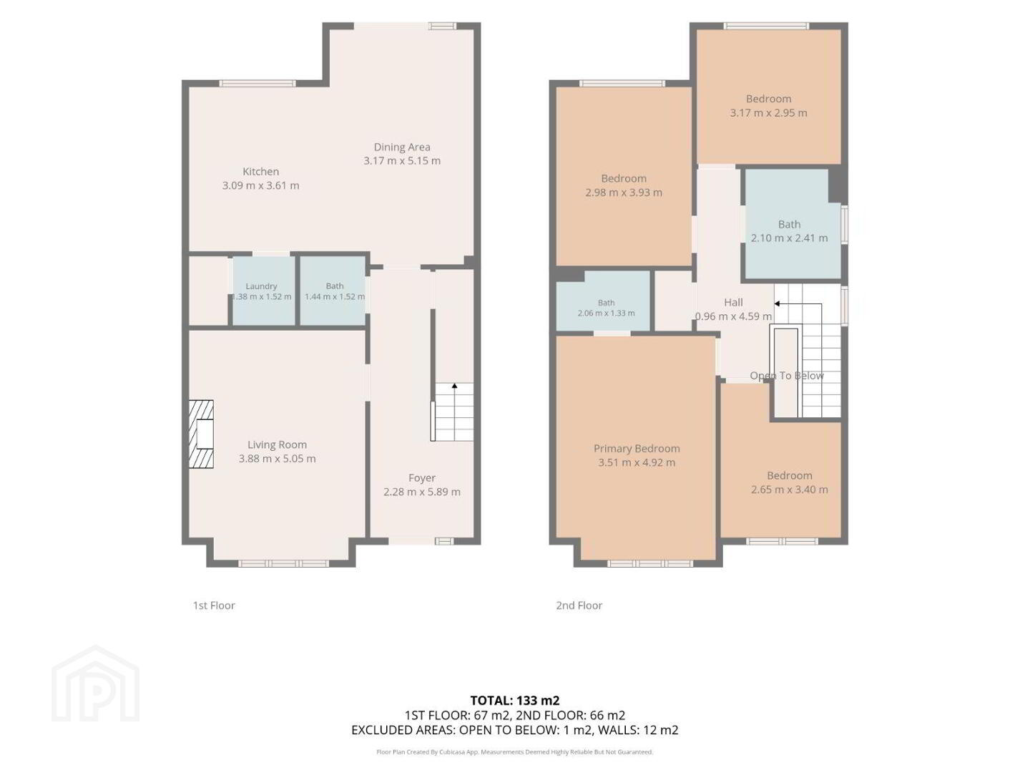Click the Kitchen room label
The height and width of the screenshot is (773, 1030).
click(260, 171)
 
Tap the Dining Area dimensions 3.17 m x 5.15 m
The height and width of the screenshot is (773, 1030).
click(402, 160)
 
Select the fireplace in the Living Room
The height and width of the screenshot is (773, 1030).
click(201, 434)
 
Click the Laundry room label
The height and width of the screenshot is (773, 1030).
click(261, 286)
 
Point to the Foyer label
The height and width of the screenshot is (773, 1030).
click(421, 478)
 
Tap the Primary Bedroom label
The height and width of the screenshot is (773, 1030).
click(637, 448)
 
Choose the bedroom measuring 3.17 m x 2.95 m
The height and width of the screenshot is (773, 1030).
click(768, 97)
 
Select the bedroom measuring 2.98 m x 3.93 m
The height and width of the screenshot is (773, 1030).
click(624, 177)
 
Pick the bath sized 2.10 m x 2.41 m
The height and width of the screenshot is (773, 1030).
click(793, 223)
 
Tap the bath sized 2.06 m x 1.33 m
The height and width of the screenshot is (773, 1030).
click(603, 301)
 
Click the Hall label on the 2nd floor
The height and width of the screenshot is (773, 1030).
click(733, 302)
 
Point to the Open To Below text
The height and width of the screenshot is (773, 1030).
click(787, 376)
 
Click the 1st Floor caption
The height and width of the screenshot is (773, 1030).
click(213, 606)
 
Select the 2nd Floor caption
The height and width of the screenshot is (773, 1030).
click(579, 606)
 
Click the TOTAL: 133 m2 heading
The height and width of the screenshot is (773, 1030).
click(515, 700)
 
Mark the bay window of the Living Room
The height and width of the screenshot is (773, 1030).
click(283, 563)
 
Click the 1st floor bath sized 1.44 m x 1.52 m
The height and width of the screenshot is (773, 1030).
click(333, 290)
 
